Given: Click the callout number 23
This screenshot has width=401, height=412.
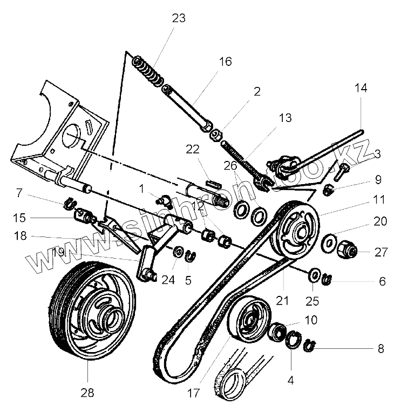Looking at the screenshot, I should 179,18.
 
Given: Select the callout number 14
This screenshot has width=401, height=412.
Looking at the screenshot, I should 361,88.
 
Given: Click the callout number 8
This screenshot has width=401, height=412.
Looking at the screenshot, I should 381,349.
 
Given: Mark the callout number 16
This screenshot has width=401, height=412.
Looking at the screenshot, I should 225,62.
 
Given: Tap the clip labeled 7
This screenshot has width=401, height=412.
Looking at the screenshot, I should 68,204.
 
